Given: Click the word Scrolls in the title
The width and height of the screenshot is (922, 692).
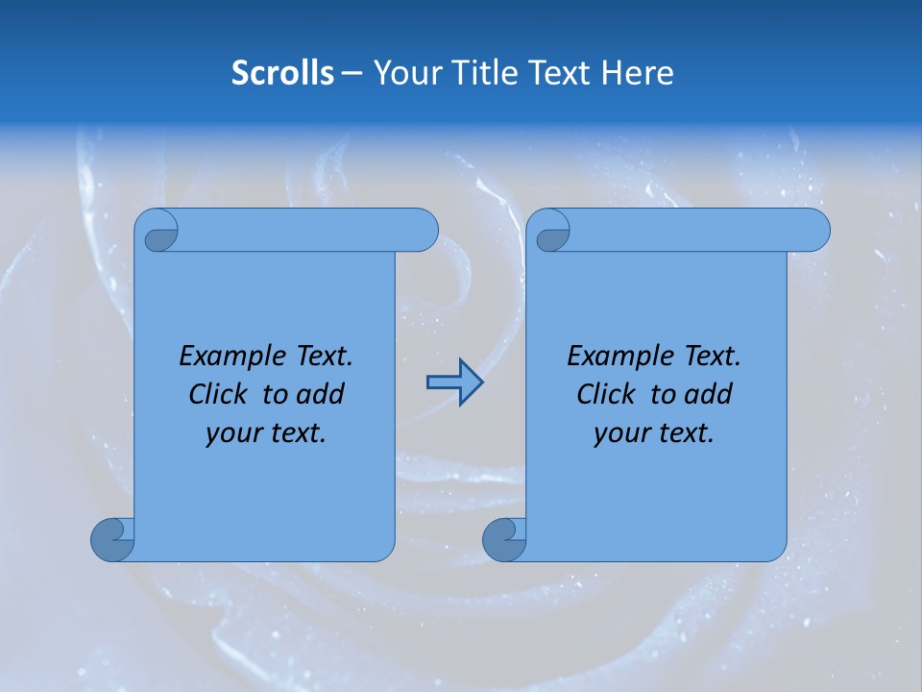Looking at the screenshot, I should (282, 73).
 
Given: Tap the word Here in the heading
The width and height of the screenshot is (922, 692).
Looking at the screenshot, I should (637, 73).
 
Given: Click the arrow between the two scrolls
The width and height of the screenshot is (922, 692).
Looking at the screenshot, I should (454, 383).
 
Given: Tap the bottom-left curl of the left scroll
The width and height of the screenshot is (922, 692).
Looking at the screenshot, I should (111, 538).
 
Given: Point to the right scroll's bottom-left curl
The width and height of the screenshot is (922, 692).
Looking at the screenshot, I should (503, 538).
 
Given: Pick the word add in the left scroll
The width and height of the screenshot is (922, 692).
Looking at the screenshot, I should (320, 395).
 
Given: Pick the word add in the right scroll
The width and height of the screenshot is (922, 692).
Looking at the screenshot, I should (708, 395).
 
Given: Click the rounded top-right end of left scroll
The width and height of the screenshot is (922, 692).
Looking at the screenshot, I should (423, 231).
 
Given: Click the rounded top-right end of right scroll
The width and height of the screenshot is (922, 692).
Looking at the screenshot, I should (814, 231).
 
